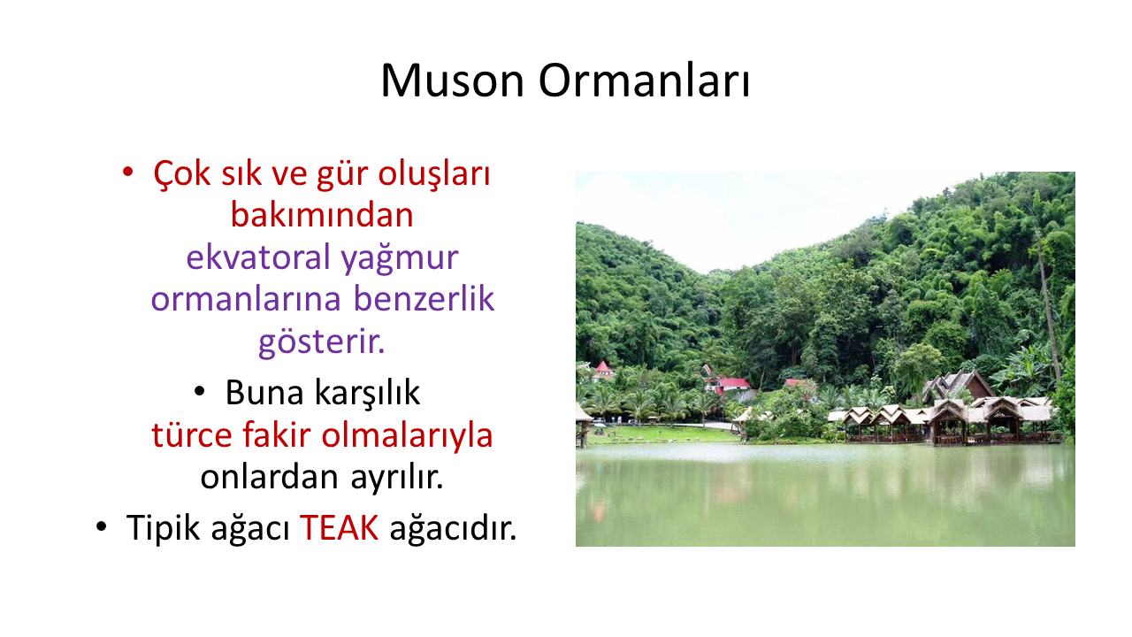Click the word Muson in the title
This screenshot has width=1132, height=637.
[x=452, y=81]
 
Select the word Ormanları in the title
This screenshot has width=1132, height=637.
[x=644, y=81]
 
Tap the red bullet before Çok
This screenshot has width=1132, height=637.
[x=127, y=173]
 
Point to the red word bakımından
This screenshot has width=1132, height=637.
[x=322, y=214]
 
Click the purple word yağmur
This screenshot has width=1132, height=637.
[x=399, y=257]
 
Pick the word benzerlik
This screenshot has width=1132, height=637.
[x=423, y=298]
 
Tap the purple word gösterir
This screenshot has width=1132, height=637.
[x=321, y=342]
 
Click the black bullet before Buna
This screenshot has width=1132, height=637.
[x=200, y=391]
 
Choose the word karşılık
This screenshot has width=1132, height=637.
[x=367, y=392]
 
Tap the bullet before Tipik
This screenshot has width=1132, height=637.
[x=102, y=526]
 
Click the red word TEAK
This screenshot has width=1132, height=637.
[x=339, y=527]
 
